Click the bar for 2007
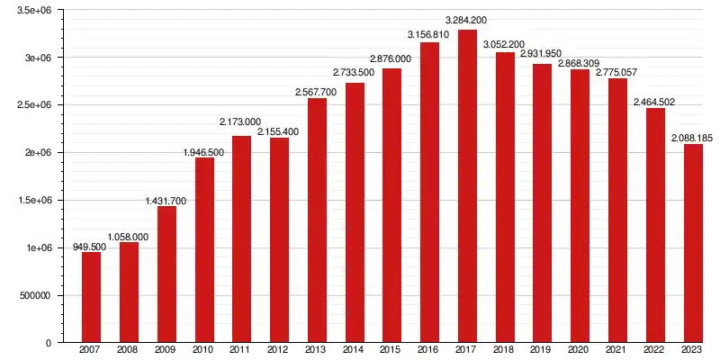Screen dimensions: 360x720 pos(91,297)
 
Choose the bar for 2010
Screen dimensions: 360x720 pos(204,249)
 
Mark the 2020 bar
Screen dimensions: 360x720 pos(580,206)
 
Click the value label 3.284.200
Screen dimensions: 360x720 pos(467,20)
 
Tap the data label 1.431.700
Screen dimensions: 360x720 pos(166,200)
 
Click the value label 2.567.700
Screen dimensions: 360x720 pos(317,92)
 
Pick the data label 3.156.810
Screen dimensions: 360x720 pos(429,35)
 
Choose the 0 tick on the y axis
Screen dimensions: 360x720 pos(49,343)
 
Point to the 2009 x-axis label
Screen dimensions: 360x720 pos(166,350)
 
